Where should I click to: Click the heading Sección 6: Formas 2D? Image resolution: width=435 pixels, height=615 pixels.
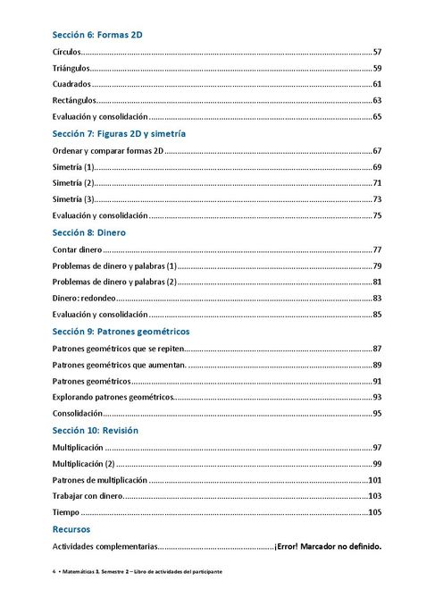click(98, 36)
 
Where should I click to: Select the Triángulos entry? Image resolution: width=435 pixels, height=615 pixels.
click(71, 68)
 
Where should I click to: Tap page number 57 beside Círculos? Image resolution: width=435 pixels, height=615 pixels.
click(377, 52)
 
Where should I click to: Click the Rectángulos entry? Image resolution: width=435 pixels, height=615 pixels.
click(73, 100)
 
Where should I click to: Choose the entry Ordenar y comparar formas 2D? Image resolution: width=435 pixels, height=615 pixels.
click(108, 150)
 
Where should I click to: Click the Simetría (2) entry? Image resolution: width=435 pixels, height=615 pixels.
click(73, 182)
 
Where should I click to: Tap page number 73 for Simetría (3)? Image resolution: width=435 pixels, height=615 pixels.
click(377, 199)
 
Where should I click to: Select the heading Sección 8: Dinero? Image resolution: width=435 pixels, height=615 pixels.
click(88, 232)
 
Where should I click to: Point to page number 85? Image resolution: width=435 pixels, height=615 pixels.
click(377, 315)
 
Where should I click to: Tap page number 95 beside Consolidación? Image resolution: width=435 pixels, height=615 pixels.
click(377, 414)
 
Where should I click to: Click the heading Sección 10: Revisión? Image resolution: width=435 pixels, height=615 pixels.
click(95, 430)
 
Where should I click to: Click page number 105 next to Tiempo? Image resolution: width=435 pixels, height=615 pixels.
click(375, 512)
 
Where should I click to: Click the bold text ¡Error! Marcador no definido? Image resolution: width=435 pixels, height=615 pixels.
click(328, 546)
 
